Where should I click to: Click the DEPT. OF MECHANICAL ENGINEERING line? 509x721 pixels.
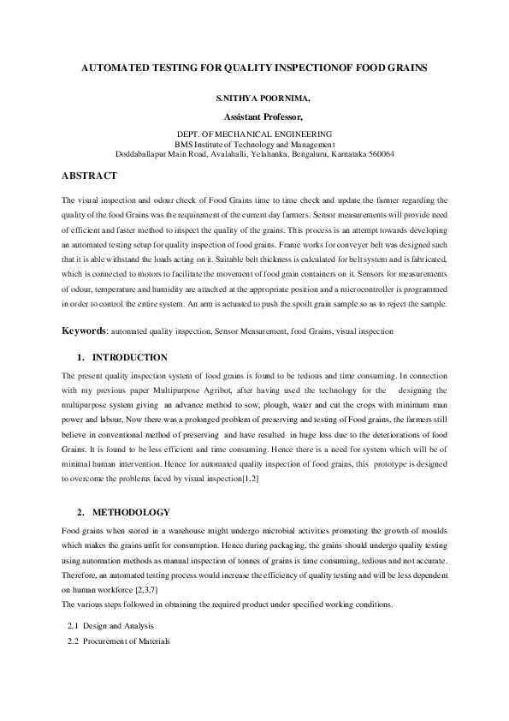pyautogui.click(x=253, y=135)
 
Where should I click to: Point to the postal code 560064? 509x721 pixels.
pyautogui.click(x=377, y=154)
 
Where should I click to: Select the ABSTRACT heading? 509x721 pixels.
pyautogui.click(x=89, y=176)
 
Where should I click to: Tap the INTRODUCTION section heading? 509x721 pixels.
pyautogui.click(x=130, y=357)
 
